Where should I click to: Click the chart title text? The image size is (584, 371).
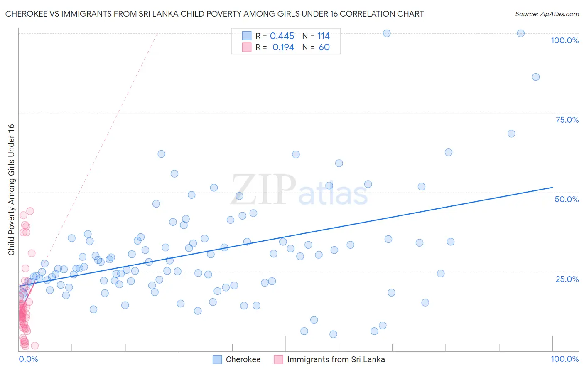(x=214, y=14)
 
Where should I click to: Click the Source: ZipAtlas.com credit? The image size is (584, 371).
(x=547, y=14)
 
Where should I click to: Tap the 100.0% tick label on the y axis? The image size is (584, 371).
(x=564, y=40)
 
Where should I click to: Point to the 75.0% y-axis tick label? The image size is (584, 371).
(x=567, y=120)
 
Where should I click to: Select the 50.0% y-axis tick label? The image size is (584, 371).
(x=567, y=199)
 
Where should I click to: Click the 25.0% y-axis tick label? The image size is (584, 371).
(x=567, y=279)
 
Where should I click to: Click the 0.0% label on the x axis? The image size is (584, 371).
(x=28, y=359)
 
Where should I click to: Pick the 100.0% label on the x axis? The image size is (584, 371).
(x=564, y=359)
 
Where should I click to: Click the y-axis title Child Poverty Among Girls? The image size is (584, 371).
(x=11, y=190)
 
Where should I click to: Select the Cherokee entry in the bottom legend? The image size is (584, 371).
(x=243, y=359)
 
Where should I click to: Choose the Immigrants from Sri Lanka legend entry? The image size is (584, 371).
(x=336, y=359)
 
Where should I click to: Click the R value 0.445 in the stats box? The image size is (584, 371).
(x=282, y=36)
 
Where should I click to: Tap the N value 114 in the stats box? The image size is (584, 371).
(x=324, y=36)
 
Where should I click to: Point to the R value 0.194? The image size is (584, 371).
(x=283, y=47)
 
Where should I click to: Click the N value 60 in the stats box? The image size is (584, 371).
(x=324, y=47)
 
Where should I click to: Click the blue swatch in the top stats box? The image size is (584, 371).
(x=247, y=36)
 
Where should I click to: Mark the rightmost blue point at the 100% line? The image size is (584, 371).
(x=520, y=33)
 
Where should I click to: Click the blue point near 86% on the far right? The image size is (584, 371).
(x=536, y=77)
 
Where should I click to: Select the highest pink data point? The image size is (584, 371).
(x=30, y=211)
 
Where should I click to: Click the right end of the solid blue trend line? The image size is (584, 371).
(x=552, y=188)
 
